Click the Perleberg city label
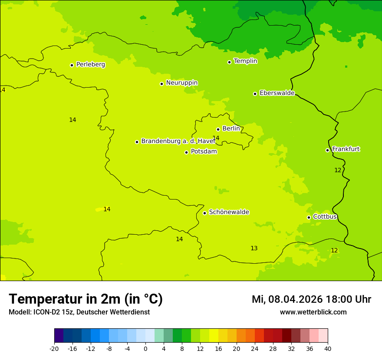coord(90,65)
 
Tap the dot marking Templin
coord(229,62)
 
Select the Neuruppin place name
coord(181,83)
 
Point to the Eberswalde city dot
coord(255,94)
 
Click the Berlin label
coord(231,129)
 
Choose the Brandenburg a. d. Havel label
coord(178,141)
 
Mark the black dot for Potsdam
coord(186,152)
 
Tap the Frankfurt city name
coord(346,149)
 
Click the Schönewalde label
coord(229,212)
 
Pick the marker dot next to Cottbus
coord(309,217)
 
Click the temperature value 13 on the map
coord(254,249)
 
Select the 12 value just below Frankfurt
coord(338,170)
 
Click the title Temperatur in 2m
coord(86,299)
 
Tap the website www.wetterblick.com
coord(313,312)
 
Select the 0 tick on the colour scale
coord(145,349)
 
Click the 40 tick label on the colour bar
coord(328,349)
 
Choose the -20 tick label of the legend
coord(54,349)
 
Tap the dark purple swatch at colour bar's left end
coord(59,336)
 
